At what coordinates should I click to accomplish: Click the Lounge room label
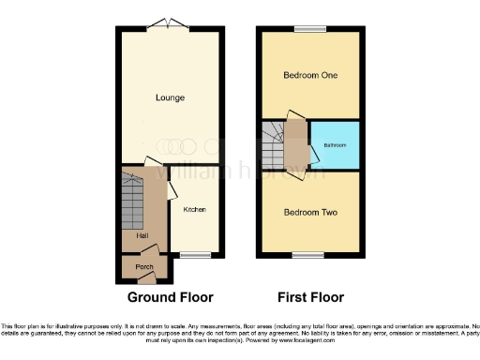pyautogui.click(x=170, y=97)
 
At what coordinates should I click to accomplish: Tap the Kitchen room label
pyautogui.click(x=194, y=209)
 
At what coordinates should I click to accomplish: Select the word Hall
pyautogui.click(x=142, y=235)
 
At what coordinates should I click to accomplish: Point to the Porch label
pyautogui.click(x=144, y=267)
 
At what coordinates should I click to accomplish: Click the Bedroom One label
pyautogui.click(x=309, y=75)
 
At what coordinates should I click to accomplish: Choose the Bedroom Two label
pyautogui.click(x=309, y=212)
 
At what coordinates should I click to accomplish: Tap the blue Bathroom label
pyautogui.click(x=335, y=145)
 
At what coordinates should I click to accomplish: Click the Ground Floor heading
pyautogui.click(x=170, y=297)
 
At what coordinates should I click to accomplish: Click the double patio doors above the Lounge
pyautogui.click(x=170, y=22)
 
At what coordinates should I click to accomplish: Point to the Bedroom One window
pyautogui.click(x=310, y=27)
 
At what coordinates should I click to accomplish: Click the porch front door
pyautogui.click(x=145, y=278)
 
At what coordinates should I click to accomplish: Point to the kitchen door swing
pyautogui.click(x=172, y=190)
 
